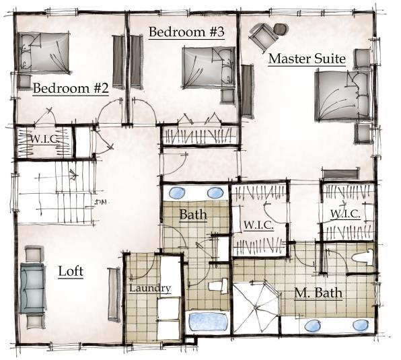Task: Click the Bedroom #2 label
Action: click(70, 89)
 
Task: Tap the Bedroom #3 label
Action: click(186, 32)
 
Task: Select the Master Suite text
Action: click(306, 59)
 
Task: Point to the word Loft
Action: click(71, 272)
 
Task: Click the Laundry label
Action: click(149, 289)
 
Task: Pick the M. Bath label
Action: click(318, 293)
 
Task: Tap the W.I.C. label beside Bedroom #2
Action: click(42, 139)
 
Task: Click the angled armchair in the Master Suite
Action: click(267, 33)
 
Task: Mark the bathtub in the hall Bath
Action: click(207, 320)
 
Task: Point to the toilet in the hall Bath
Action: click(217, 287)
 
